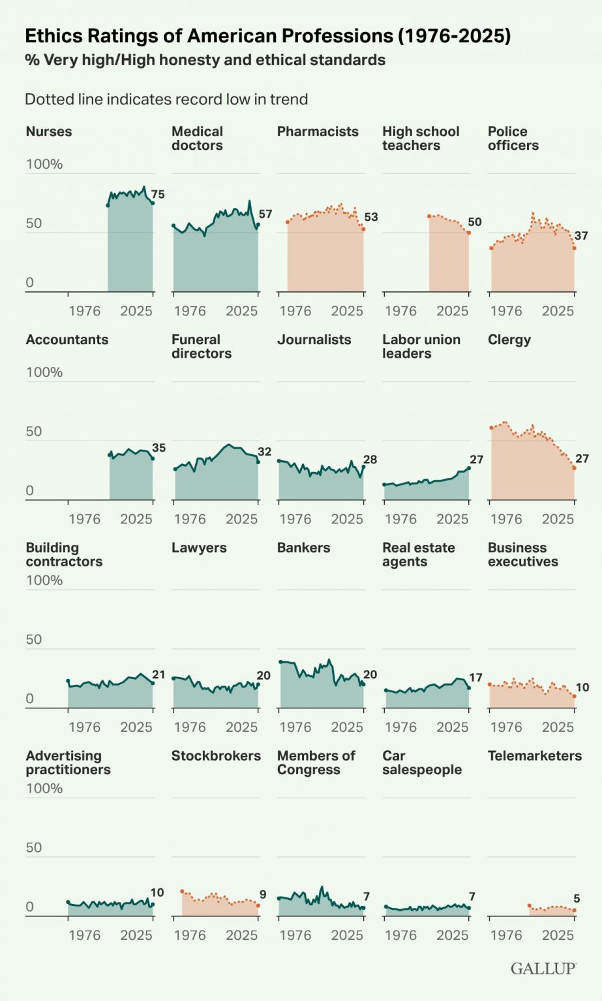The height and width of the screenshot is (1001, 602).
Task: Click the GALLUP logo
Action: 543,968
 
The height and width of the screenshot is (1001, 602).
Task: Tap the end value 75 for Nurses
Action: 158,194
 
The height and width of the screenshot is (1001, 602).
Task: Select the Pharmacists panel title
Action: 318,132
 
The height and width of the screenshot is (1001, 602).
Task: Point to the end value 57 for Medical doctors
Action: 265,214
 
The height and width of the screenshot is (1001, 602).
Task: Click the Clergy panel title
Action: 509,340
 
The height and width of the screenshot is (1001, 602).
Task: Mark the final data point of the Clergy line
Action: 574,468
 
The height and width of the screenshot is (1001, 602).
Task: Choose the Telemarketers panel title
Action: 534,756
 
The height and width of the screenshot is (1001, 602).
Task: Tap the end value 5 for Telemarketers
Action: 577,899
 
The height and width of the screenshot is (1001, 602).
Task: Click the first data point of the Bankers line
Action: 280,662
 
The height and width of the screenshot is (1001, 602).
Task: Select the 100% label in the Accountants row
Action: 44,372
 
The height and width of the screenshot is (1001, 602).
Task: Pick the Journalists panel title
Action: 314,340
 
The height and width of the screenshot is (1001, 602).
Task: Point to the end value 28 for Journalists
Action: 370,460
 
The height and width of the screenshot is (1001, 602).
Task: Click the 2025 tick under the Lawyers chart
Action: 241,727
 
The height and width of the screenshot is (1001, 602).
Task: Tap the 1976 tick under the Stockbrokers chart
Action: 190,935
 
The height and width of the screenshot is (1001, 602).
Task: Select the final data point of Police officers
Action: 574,248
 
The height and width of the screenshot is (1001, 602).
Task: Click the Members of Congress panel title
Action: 316,762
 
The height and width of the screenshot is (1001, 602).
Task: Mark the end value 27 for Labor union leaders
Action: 476,460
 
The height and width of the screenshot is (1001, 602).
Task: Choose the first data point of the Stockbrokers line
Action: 182,892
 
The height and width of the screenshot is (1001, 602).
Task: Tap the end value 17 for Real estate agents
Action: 475,678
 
